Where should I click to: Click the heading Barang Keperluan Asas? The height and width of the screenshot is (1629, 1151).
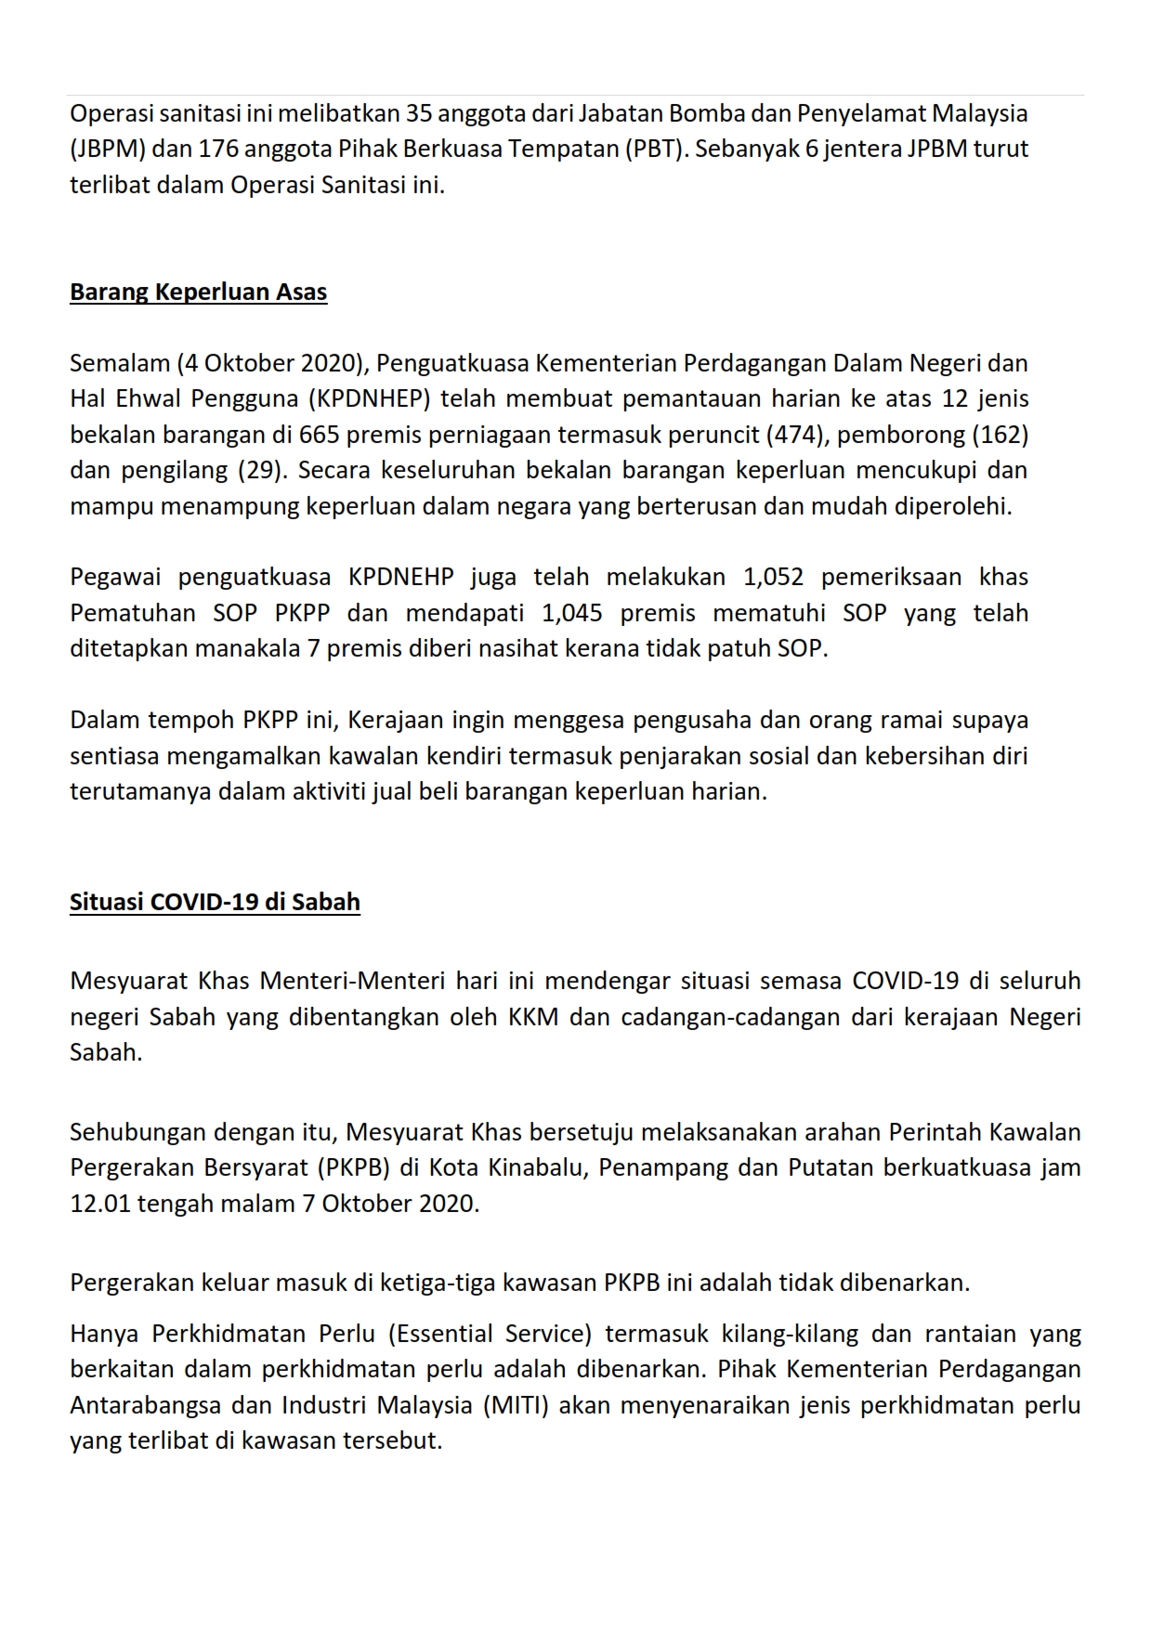[x=198, y=293]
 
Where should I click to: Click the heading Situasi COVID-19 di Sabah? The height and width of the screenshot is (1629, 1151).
[x=215, y=902]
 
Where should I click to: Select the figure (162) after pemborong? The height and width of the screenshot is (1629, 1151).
[x=1001, y=435]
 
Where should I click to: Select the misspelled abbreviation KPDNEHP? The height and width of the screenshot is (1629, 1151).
[x=401, y=578]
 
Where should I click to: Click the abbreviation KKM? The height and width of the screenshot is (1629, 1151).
[x=533, y=1017]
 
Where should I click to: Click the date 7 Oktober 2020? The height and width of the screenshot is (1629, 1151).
[x=390, y=1204]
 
